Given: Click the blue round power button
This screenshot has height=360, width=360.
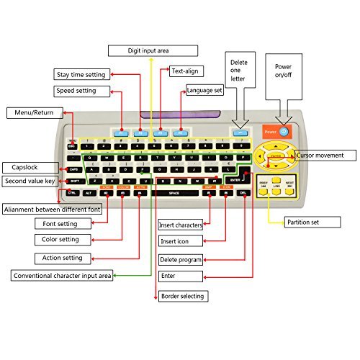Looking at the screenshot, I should [284, 132].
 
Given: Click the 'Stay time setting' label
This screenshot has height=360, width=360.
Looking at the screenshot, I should [82, 74].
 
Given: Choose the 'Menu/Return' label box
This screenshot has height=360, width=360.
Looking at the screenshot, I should [34, 112].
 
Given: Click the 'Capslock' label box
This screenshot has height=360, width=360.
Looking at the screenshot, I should [24, 166].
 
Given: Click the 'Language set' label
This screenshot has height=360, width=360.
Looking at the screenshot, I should [205, 91].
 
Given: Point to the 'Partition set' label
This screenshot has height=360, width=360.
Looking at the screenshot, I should [307, 221].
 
